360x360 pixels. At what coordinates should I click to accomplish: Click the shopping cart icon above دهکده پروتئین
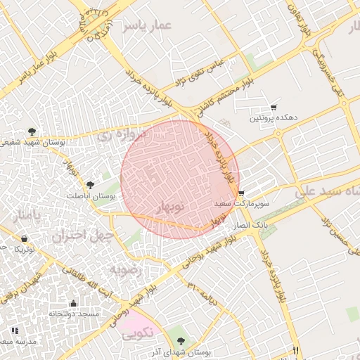273,108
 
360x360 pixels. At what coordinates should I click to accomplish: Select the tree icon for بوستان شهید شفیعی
31,131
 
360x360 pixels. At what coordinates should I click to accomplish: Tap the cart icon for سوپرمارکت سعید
241,193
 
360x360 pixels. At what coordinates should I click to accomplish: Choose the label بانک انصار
250,224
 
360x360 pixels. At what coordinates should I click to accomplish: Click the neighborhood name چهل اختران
82,236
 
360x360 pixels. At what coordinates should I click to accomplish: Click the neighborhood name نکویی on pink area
136,335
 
